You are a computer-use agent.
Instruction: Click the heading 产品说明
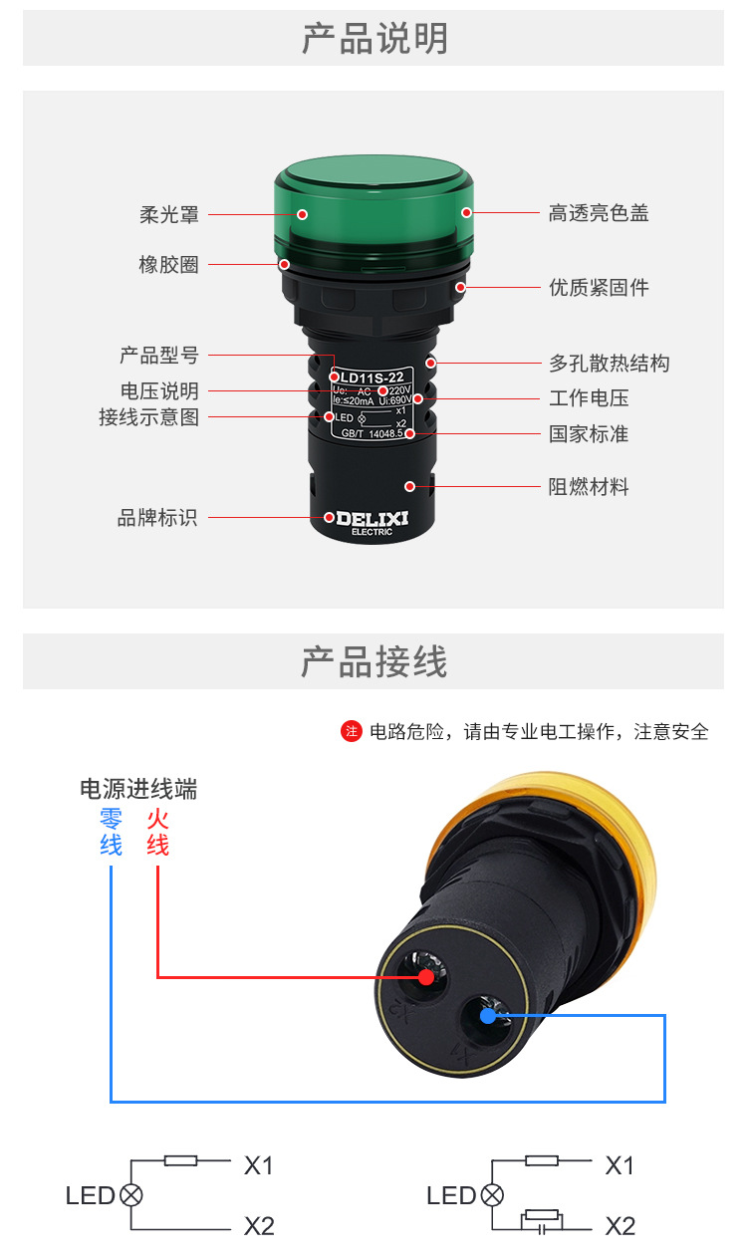pos(374,39)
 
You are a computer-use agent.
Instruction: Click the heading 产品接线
pos(374,662)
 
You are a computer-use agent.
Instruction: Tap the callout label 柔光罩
pos(169,214)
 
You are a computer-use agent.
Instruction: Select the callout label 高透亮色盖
pos(599,213)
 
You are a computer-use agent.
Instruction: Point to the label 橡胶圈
pos(168,265)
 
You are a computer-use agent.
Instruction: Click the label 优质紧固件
pos(599,288)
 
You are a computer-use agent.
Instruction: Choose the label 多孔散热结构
pos(609,363)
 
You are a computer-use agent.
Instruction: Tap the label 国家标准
pos(589,434)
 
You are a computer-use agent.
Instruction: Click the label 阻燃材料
pos(589,487)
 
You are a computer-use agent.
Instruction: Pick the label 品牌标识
pos(157,518)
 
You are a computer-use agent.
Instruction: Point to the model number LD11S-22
pos(372,377)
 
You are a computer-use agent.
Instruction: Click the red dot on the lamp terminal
pos(426,977)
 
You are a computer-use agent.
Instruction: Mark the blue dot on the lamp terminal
pos(487,1016)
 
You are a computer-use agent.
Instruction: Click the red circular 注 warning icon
pos(351,732)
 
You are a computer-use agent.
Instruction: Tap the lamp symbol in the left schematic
pos(130,1195)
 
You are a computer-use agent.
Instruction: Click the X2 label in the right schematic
pos(620,1226)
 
